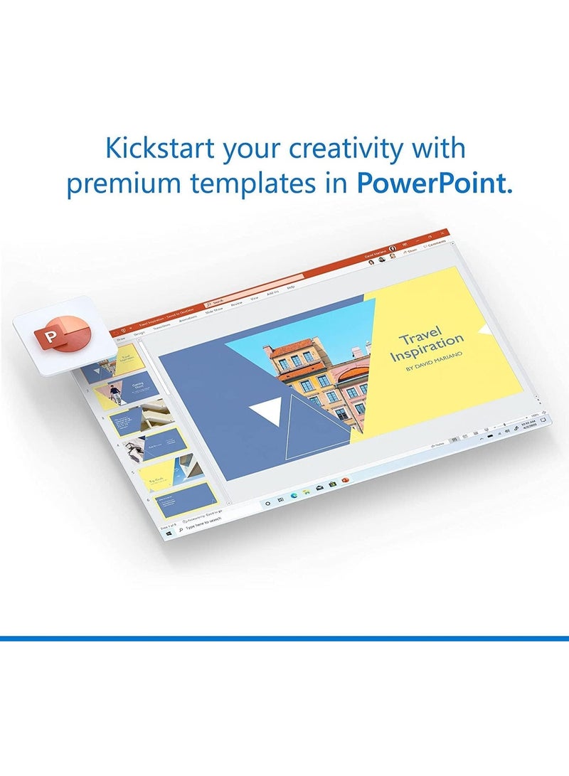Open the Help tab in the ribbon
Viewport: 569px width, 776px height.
(x=291, y=287)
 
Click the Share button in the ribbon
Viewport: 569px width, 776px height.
(x=410, y=250)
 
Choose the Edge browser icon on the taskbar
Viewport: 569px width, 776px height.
(x=293, y=495)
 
